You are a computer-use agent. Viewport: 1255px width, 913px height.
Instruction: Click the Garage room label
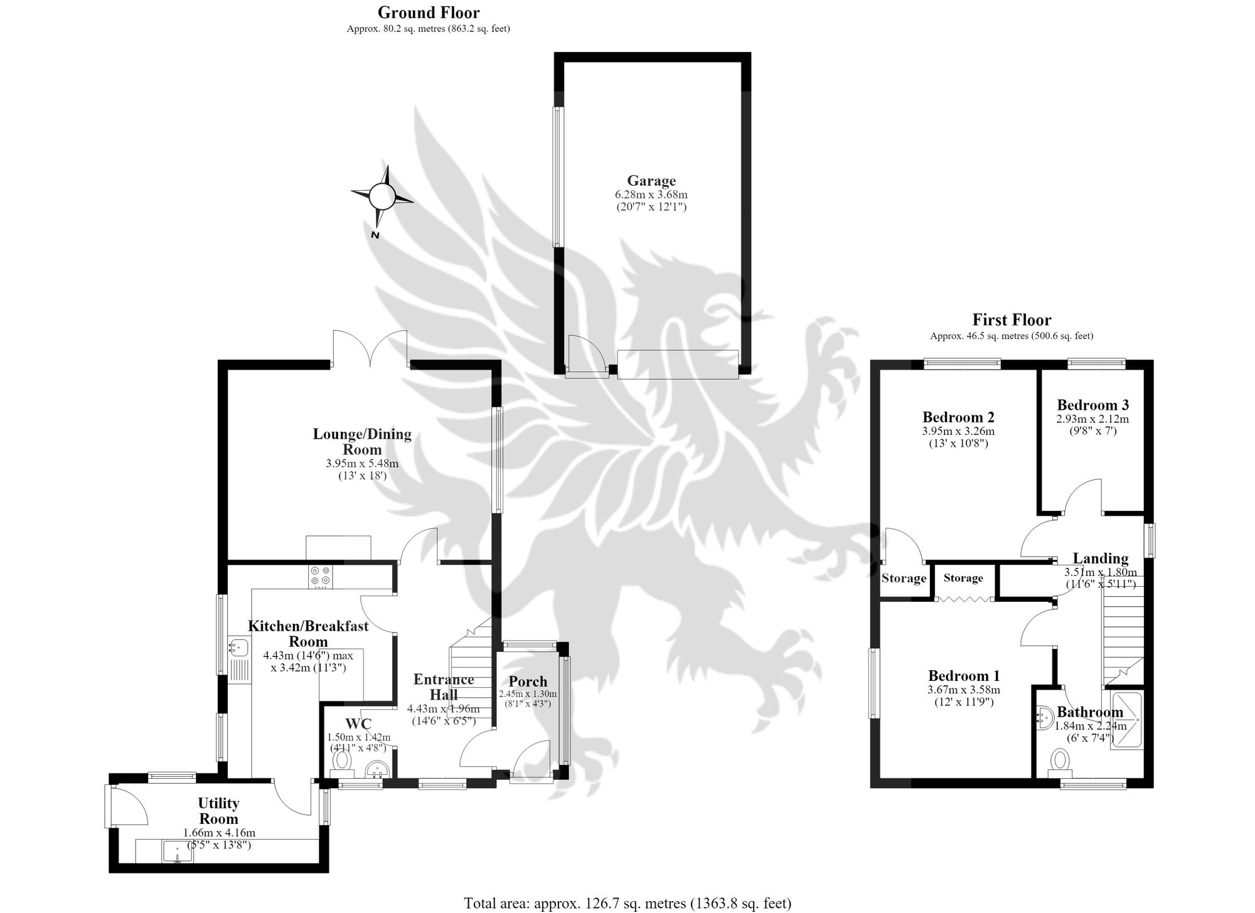(651, 181)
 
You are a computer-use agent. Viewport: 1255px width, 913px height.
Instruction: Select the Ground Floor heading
(429, 12)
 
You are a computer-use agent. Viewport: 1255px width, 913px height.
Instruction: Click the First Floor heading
(1012, 320)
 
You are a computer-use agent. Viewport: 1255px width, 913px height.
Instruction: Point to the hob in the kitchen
(320, 576)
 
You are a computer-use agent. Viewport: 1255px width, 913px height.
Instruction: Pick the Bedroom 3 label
(1092, 405)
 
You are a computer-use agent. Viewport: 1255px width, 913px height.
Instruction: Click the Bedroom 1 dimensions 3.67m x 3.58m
(964, 690)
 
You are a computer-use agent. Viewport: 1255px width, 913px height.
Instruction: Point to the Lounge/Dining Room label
(362, 442)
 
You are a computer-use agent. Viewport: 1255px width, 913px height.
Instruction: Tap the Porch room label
(528, 681)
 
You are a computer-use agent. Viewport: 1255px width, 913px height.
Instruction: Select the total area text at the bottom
(627, 903)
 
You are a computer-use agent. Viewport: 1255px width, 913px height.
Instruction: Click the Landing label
(1100, 558)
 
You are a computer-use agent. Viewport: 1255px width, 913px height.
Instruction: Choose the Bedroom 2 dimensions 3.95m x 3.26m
(958, 431)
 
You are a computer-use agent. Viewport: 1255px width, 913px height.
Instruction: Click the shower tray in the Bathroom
(1127, 720)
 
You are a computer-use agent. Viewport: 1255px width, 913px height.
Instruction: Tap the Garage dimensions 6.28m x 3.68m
(651, 195)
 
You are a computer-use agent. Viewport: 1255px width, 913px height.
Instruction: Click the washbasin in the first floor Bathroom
(1044, 718)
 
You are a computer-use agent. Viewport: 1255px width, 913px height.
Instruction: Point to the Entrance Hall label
(444, 686)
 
